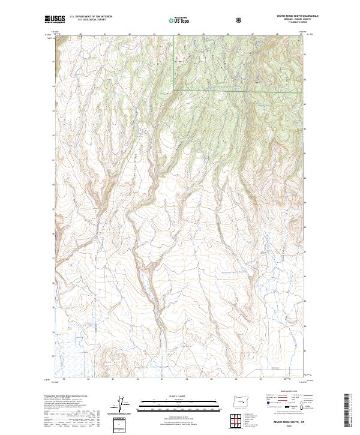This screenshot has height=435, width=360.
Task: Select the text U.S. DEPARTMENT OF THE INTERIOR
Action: tap(91, 16)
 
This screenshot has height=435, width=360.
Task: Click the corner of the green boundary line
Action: tap(175, 90)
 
